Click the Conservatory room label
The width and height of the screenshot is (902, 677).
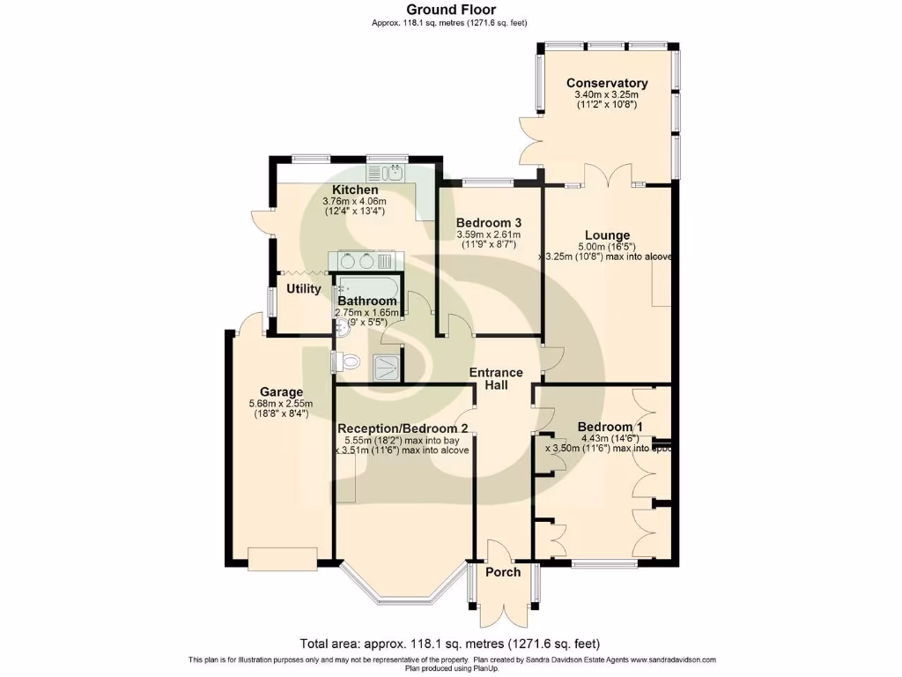606,83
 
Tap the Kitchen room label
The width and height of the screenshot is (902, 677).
355,190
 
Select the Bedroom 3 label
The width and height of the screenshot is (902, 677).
489,222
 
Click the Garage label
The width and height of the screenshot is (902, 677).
281,392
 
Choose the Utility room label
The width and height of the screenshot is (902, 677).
303,288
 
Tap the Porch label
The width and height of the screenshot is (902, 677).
502,572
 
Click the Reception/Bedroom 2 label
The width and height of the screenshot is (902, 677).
402,428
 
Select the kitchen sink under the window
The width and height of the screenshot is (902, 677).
396,172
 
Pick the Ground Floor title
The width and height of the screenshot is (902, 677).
450,10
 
